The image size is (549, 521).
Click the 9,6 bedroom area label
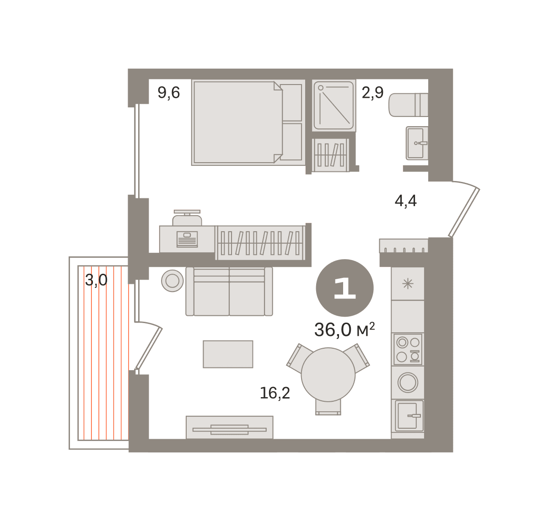pyautogui.click(x=169, y=93)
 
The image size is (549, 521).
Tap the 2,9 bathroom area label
pyautogui.click(x=372, y=93)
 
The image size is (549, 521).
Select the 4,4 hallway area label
pyautogui.click(x=405, y=201)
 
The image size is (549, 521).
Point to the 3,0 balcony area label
pyautogui.click(x=96, y=280)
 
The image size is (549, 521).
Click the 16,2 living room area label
pyautogui.click(x=275, y=393)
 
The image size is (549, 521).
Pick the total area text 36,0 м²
pyautogui.click(x=344, y=330)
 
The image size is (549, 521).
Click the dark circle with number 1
pyautogui.click(x=344, y=288)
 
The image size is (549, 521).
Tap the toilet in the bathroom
pyautogui.click(x=408, y=105)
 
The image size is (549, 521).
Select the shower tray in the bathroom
pyautogui.click(x=334, y=106)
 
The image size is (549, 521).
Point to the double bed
pyautogui.click(x=248, y=122)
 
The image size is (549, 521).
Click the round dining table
pyautogui.click(x=328, y=375)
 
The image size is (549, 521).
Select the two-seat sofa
pyautogui.click(x=229, y=291)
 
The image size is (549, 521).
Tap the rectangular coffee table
pyautogui.click(x=228, y=354)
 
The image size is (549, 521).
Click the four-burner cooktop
pyautogui.click(x=408, y=349)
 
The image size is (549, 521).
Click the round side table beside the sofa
pyautogui.click(x=172, y=281)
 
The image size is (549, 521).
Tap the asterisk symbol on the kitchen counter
pyautogui.click(x=408, y=284)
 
